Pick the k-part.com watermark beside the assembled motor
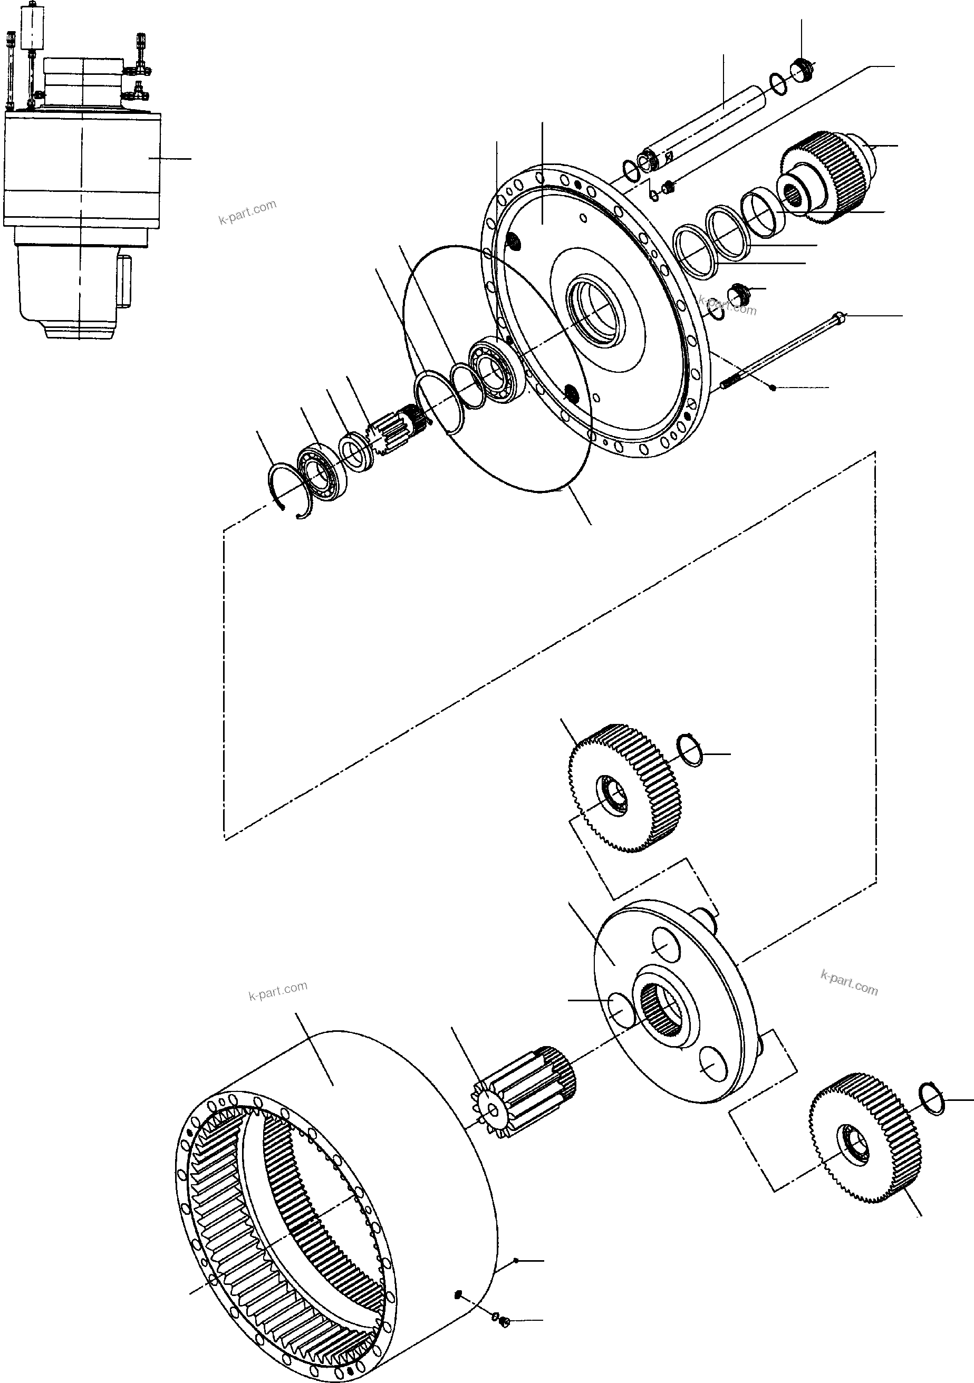(247, 211)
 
